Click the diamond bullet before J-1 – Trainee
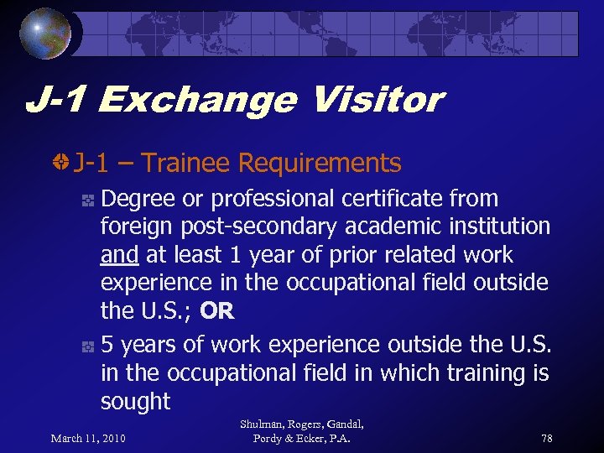[60, 163]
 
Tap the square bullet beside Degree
[86, 200]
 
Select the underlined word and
[120, 255]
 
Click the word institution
[501, 226]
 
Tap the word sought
[135, 401]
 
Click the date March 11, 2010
[88, 438]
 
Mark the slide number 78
[547, 438]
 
